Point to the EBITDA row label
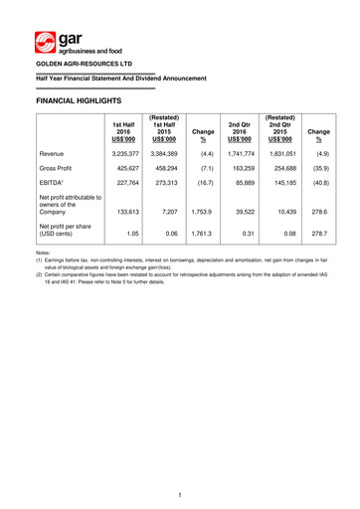click(54, 196)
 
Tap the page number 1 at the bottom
click(180, 494)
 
